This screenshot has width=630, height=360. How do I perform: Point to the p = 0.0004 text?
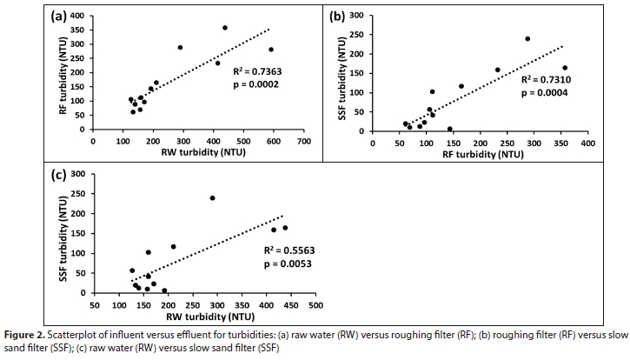click(x=543, y=92)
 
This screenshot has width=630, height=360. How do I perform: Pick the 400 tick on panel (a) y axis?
click(x=79, y=16)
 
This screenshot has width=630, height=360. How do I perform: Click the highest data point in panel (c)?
click(x=212, y=198)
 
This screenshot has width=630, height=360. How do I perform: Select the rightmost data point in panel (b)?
click(x=565, y=68)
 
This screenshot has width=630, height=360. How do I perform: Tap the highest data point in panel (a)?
click(x=225, y=28)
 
